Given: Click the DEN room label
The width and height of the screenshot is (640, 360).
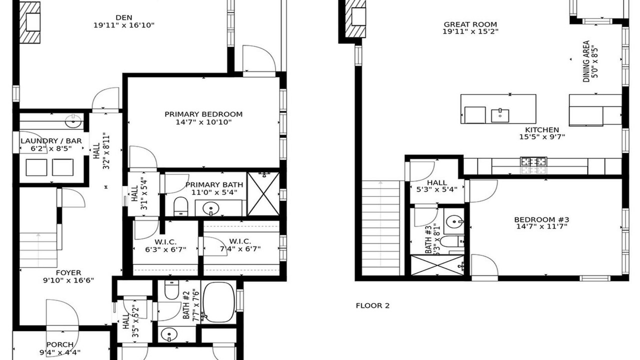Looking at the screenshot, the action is (x=124, y=17).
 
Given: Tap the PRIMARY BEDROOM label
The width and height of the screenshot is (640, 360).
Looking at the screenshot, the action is (x=203, y=114).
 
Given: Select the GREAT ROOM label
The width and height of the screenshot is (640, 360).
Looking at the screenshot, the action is (x=470, y=24).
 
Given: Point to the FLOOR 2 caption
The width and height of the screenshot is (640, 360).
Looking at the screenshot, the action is (x=372, y=305).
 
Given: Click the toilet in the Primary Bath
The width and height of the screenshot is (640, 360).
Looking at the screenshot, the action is (x=180, y=206).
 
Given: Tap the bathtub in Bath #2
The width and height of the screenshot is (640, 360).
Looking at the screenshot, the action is (x=219, y=302).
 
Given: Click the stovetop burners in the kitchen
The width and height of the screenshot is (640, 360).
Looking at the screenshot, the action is (x=533, y=161).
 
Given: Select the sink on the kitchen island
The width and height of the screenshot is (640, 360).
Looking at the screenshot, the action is (x=500, y=115).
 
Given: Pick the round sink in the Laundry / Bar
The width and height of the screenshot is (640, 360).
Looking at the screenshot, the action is (x=73, y=121).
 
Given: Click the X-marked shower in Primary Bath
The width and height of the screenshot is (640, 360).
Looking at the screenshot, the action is (x=263, y=193).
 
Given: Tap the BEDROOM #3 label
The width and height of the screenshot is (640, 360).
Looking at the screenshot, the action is (x=541, y=219).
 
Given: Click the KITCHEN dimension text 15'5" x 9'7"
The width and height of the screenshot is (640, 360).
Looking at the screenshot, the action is (x=542, y=137).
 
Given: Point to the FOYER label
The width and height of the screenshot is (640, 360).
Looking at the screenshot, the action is (x=68, y=272).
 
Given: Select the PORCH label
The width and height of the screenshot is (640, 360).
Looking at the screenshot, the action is (x=60, y=344).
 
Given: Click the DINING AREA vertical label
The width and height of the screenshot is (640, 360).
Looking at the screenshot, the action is (x=586, y=61).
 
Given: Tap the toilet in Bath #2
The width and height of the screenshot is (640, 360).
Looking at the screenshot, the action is (x=171, y=290).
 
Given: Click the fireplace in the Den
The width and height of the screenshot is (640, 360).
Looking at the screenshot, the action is (x=29, y=22).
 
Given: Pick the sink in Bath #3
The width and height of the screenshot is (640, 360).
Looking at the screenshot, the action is (x=454, y=221).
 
